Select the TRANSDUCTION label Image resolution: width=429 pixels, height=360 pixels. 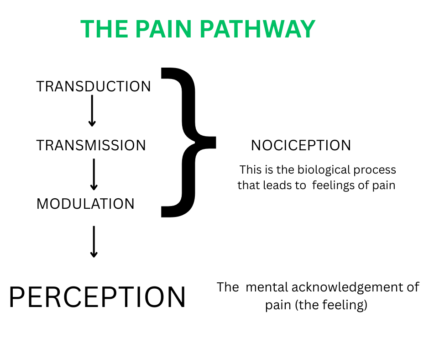(94, 86)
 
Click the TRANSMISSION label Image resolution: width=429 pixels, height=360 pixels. (91, 145)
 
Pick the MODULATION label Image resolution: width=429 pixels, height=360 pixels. (86, 204)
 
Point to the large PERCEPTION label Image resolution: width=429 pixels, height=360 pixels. (97, 297)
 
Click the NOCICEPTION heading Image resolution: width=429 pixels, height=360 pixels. (301, 145)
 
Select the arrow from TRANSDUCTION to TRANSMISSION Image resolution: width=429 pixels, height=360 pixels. (92, 111)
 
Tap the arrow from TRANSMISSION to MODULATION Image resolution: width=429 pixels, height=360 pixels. (94, 174)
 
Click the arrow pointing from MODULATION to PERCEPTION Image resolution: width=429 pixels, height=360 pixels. (94, 242)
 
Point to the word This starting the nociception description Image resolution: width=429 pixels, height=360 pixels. (251, 170)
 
